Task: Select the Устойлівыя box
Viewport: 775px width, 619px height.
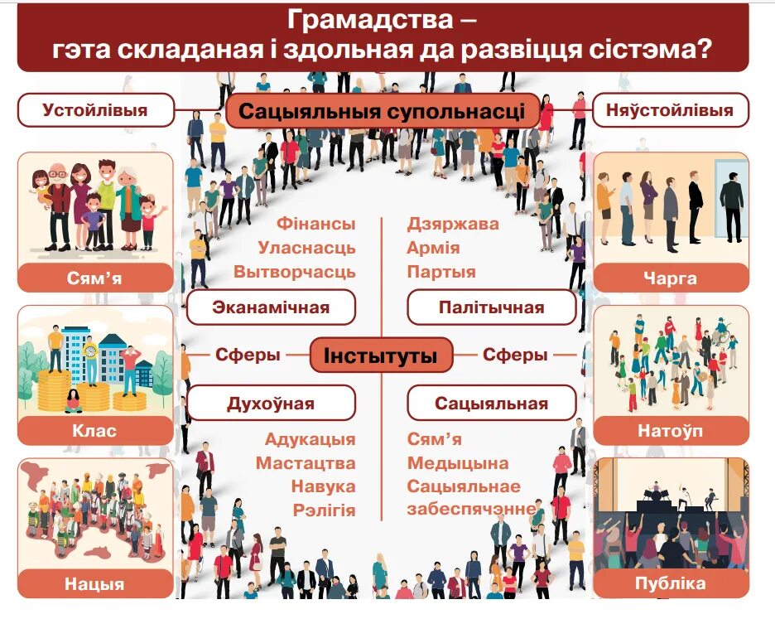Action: click(x=95, y=110)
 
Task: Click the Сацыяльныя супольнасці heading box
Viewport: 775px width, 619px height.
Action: click(x=383, y=112)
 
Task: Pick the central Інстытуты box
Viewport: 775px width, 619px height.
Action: click(x=381, y=355)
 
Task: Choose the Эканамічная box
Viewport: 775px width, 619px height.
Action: click(x=271, y=307)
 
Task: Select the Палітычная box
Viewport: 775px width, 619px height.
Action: click(x=491, y=307)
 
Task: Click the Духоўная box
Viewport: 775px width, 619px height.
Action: click(x=271, y=404)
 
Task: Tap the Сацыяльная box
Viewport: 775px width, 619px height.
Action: click(x=491, y=404)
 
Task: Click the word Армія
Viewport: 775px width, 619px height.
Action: click(x=433, y=248)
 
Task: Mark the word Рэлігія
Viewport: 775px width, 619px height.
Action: click(x=324, y=510)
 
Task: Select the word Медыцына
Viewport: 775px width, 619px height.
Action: click(x=458, y=463)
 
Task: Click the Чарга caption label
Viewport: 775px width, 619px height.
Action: click(x=670, y=278)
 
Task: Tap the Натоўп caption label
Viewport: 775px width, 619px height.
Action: click(x=670, y=431)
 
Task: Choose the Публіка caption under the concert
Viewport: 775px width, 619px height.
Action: click(x=670, y=583)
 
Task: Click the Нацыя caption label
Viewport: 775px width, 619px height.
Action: click(x=94, y=584)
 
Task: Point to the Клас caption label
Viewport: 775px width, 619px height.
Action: click(x=94, y=431)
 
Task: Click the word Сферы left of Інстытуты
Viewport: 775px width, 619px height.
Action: click(x=248, y=355)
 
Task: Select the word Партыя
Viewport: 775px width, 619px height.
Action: click(x=441, y=272)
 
